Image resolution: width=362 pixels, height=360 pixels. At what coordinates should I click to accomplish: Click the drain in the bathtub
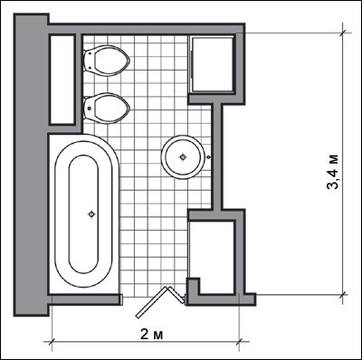(91, 214)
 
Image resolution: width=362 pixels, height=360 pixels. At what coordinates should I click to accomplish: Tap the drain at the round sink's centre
(183, 156)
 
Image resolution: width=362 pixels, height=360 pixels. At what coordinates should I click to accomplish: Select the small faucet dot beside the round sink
(208, 156)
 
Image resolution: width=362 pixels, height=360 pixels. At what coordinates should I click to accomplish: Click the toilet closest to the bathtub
(107, 109)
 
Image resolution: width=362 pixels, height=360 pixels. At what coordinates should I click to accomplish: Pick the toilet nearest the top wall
(107, 61)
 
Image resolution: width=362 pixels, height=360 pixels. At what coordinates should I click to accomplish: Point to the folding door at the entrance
(160, 301)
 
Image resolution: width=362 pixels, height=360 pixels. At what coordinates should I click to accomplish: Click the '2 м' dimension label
(152, 335)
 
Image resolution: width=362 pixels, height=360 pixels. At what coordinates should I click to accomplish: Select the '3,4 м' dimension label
(333, 172)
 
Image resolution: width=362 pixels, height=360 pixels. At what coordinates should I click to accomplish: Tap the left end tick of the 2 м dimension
(52, 342)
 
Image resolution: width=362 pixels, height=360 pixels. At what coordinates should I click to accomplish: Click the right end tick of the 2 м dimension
(240, 342)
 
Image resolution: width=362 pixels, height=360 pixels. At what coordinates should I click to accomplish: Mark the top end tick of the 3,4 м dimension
(343, 33)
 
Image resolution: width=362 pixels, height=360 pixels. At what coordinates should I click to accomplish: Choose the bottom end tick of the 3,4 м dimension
(343, 294)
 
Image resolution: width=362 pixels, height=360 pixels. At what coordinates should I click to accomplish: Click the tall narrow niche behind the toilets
(62, 80)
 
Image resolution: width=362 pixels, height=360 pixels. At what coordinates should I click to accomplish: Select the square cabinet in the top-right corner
(211, 63)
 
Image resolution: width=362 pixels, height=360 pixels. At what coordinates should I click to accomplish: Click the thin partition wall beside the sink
(217, 156)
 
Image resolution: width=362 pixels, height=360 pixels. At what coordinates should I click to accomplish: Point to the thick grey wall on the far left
(31, 165)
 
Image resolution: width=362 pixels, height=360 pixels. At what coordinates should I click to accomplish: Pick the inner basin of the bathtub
(83, 214)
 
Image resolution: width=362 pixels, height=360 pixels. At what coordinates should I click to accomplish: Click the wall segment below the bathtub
(85, 299)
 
